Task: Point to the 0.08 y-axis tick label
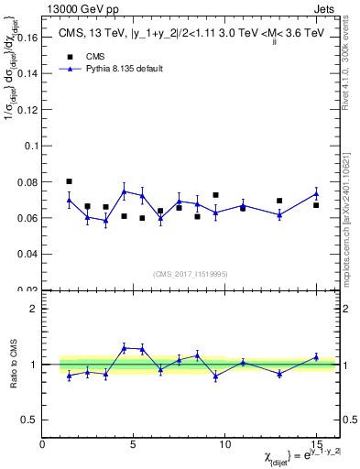point(27,182)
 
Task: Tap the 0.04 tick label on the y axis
point(27,253)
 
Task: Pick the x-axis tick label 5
point(134,443)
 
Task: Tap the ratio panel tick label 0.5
point(30,420)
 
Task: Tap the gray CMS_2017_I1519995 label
point(191,273)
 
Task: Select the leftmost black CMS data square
point(70,181)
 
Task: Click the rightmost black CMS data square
point(316,205)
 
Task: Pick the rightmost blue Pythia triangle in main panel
point(316,193)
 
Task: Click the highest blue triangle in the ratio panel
point(124,347)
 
